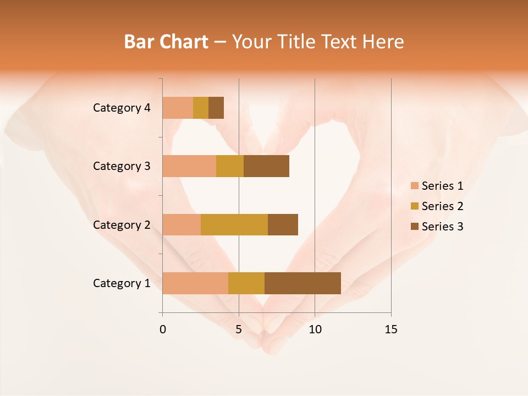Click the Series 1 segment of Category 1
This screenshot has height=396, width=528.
[195, 283]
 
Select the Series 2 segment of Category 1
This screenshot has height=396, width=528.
[246, 283]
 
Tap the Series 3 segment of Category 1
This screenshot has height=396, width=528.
[302, 283]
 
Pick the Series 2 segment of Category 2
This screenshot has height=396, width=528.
[234, 224]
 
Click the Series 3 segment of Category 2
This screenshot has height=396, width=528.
[283, 224]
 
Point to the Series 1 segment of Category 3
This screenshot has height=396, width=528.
[189, 166]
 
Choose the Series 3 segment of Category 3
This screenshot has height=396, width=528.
[266, 166]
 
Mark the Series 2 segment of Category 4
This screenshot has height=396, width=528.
[201, 108]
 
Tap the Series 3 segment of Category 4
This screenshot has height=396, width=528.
[216, 108]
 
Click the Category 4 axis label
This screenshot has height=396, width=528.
[122, 108]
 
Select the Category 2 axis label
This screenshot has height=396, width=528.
[122, 224]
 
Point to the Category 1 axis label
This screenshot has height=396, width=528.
[122, 283]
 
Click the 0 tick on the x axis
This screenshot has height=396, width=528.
[163, 329]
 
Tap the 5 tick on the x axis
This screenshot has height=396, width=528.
[239, 329]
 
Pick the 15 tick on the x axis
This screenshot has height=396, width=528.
[391, 329]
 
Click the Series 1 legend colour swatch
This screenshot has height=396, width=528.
[414, 186]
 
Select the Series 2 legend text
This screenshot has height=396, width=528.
[442, 206]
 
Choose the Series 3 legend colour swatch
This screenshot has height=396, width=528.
[414, 227]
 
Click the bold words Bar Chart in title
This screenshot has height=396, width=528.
[166, 42]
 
